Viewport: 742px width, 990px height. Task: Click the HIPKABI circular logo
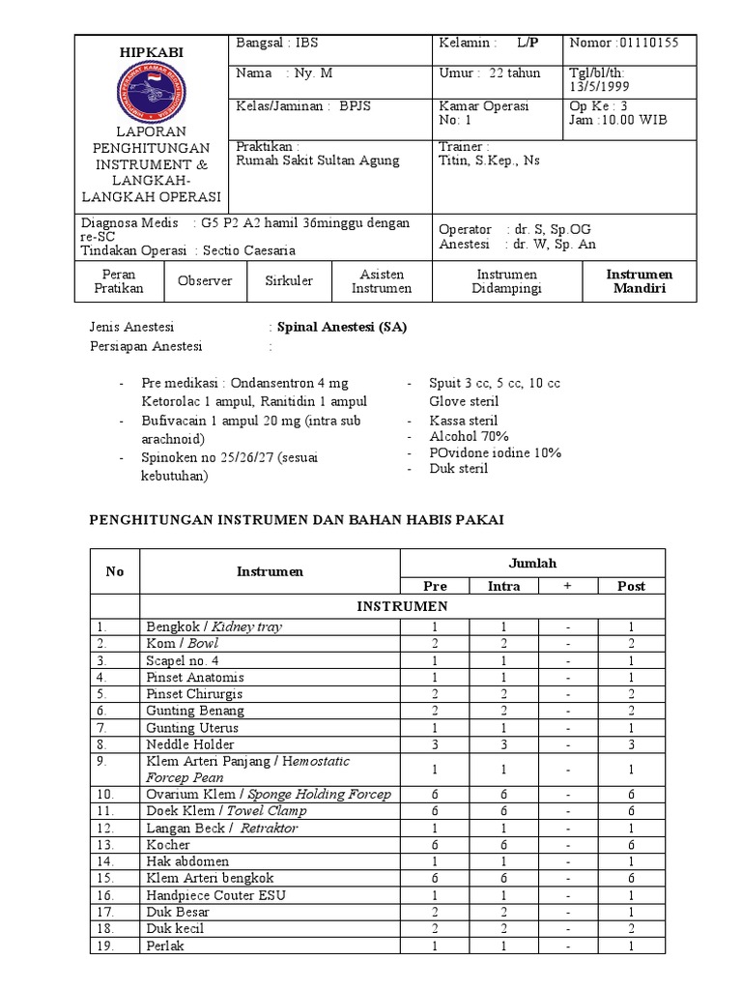click(150, 94)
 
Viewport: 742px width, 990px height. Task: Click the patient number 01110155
click(638, 44)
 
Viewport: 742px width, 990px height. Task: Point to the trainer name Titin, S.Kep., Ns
click(489, 160)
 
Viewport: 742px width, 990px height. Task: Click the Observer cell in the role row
click(205, 281)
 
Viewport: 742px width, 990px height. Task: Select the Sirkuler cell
click(289, 281)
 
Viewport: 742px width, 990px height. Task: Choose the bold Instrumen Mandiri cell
click(639, 281)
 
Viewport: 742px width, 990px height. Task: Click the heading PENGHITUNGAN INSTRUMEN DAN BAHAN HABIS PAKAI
click(297, 519)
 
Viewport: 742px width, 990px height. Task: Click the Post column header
click(631, 586)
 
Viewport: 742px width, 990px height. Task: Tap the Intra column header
click(503, 586)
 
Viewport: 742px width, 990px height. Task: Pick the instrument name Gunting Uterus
click(191, 728)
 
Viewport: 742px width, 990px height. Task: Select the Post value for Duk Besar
click(631, 913)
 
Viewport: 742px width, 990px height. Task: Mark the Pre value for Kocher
click(435, 845)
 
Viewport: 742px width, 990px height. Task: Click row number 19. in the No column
click(106, 946)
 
